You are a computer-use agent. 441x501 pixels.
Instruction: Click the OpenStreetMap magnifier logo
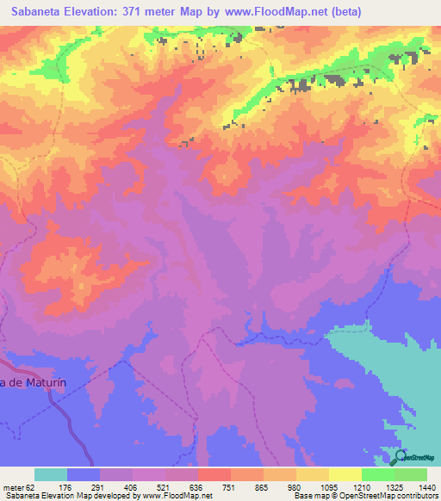[x=401, y=459]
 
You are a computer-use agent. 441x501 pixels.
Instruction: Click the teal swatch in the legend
[x=51, y=474]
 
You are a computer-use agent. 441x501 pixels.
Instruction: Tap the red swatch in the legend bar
[x=214, y=474]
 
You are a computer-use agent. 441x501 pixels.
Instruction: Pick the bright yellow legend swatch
[x=345, y=474]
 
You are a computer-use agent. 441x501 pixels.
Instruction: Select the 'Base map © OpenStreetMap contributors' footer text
[x=364, y=497]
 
